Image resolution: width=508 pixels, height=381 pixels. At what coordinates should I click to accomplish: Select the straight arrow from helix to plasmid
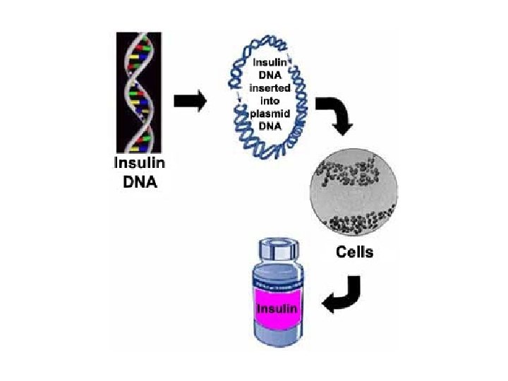click(188, 100)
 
